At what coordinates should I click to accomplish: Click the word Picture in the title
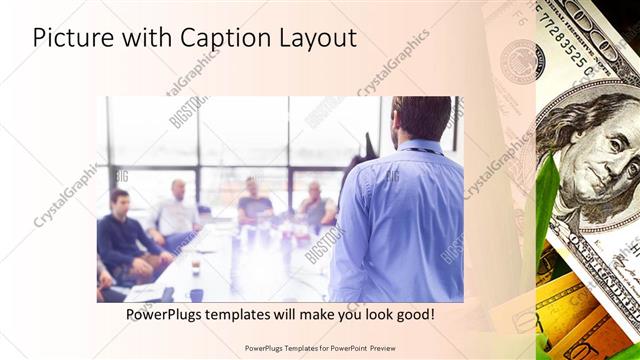(73, 38)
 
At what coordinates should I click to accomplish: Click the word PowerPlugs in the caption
(168, 314)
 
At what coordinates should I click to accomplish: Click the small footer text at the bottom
(319, 349)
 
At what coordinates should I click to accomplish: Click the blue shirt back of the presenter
(400, 220)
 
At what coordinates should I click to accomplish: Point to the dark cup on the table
(196, 295)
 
